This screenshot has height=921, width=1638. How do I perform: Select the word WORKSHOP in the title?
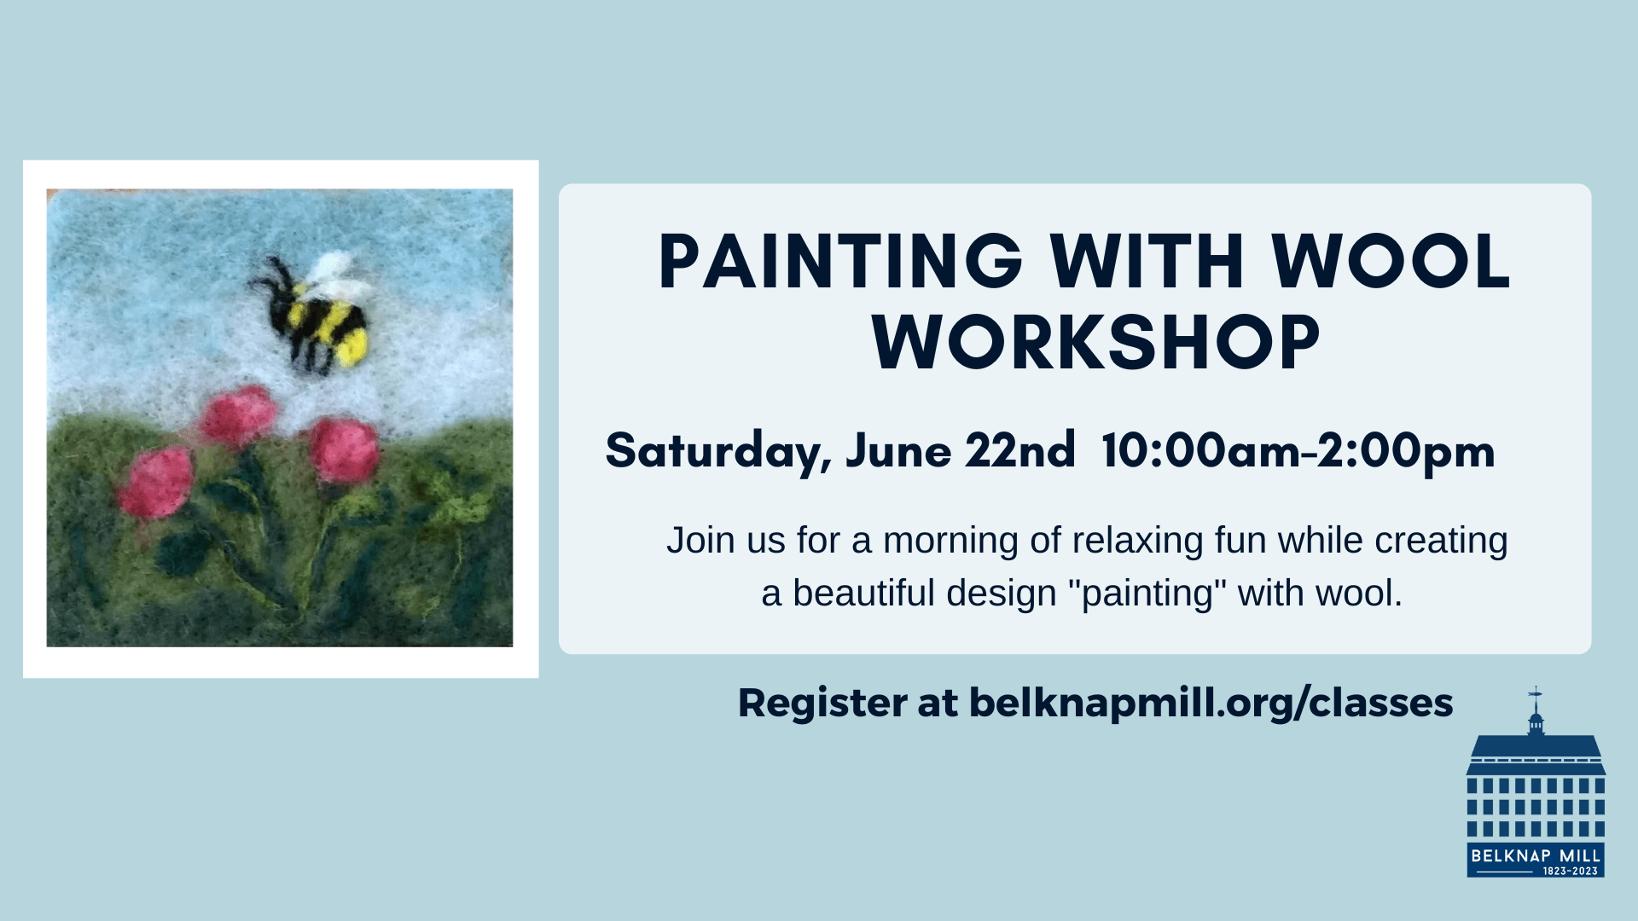(1096, 342)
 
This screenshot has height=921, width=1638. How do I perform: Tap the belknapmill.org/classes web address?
(1211, 704)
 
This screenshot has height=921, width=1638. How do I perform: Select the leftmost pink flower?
(157, 483)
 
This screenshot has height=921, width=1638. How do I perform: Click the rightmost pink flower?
(344, 449)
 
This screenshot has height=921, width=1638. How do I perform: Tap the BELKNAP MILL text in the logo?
(1536, 855)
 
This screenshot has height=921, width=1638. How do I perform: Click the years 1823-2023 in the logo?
(1571, 871)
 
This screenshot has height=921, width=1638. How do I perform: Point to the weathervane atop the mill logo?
(1536, 695)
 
